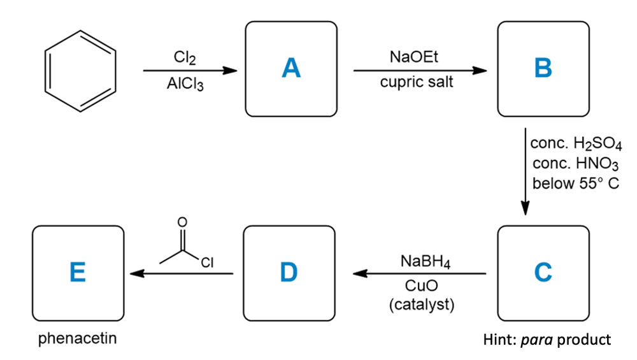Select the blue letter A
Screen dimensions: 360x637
coord(291,68)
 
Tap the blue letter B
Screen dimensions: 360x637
coord(543,68)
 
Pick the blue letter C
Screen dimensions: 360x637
coord(543,273)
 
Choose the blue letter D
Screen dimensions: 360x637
coord(289,273)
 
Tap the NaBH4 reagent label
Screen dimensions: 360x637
coord(422,262)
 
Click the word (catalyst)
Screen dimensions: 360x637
coord(421,304)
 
